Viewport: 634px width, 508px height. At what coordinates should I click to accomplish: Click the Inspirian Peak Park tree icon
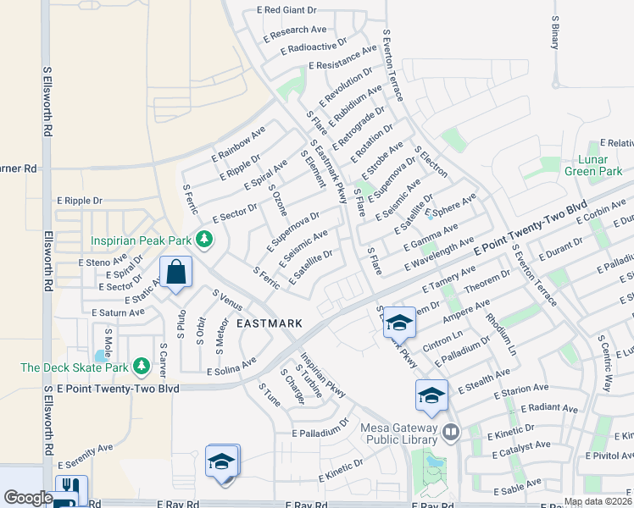[x=203, y=240]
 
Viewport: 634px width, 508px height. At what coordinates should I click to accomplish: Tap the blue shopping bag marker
[x=175, y=273]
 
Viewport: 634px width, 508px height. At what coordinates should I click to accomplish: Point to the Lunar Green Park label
[x=599, y=165]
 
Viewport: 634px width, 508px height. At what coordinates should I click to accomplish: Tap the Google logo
[x=28, y=498]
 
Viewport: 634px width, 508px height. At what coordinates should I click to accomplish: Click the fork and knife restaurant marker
[x=69, y=488]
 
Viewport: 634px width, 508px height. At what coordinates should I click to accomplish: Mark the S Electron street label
[x=431, y=161]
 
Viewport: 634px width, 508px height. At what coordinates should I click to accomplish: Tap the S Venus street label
[x=228, y=301]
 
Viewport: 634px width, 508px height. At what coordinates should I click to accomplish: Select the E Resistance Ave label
[x=342, y=58]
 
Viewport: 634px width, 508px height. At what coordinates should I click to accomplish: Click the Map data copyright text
[x=598, y=501]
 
